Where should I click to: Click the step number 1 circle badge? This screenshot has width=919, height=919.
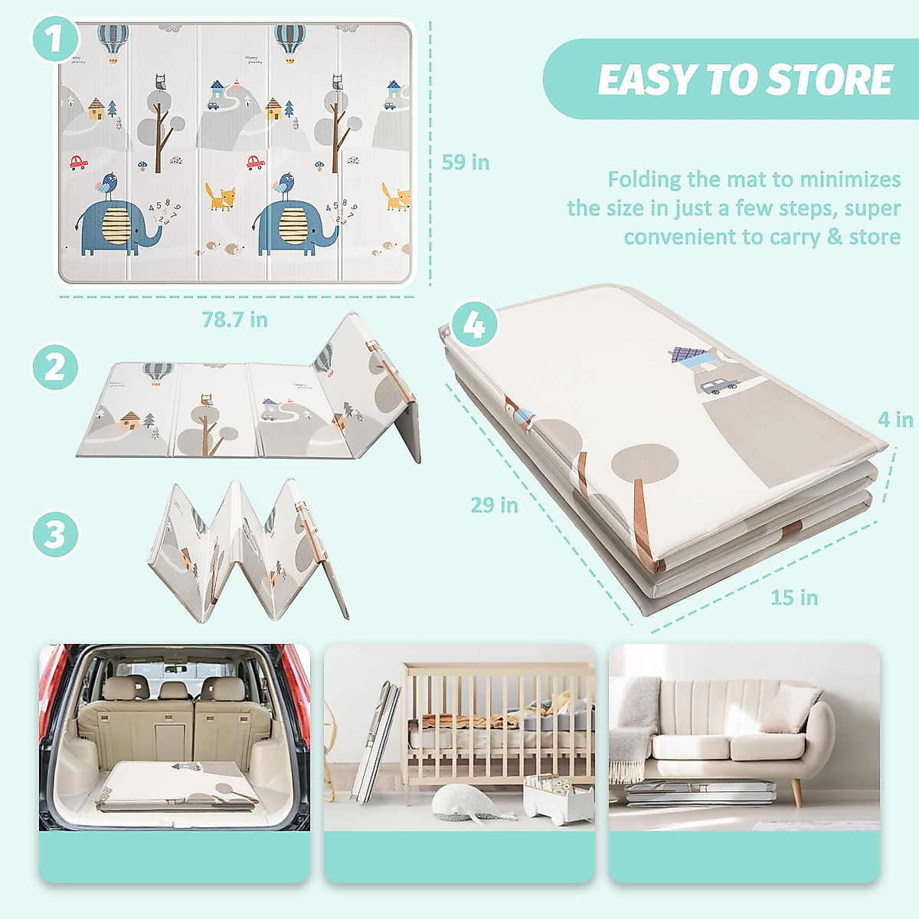click(55, 39)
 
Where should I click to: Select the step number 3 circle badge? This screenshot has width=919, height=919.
click(55, 534)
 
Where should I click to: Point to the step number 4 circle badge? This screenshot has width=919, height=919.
click(474, 325)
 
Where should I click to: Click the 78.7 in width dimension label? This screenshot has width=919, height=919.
click(234, 320)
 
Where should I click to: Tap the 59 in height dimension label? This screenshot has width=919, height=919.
click(466, 162)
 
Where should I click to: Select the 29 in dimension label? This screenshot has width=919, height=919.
click(494, 505)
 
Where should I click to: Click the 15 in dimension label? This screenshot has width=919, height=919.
click(794, 597)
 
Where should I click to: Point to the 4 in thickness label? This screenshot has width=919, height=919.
click(894, 420)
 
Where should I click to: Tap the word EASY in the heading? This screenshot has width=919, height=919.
click(647, 80)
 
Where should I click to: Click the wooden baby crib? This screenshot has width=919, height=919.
click(498, 720)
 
